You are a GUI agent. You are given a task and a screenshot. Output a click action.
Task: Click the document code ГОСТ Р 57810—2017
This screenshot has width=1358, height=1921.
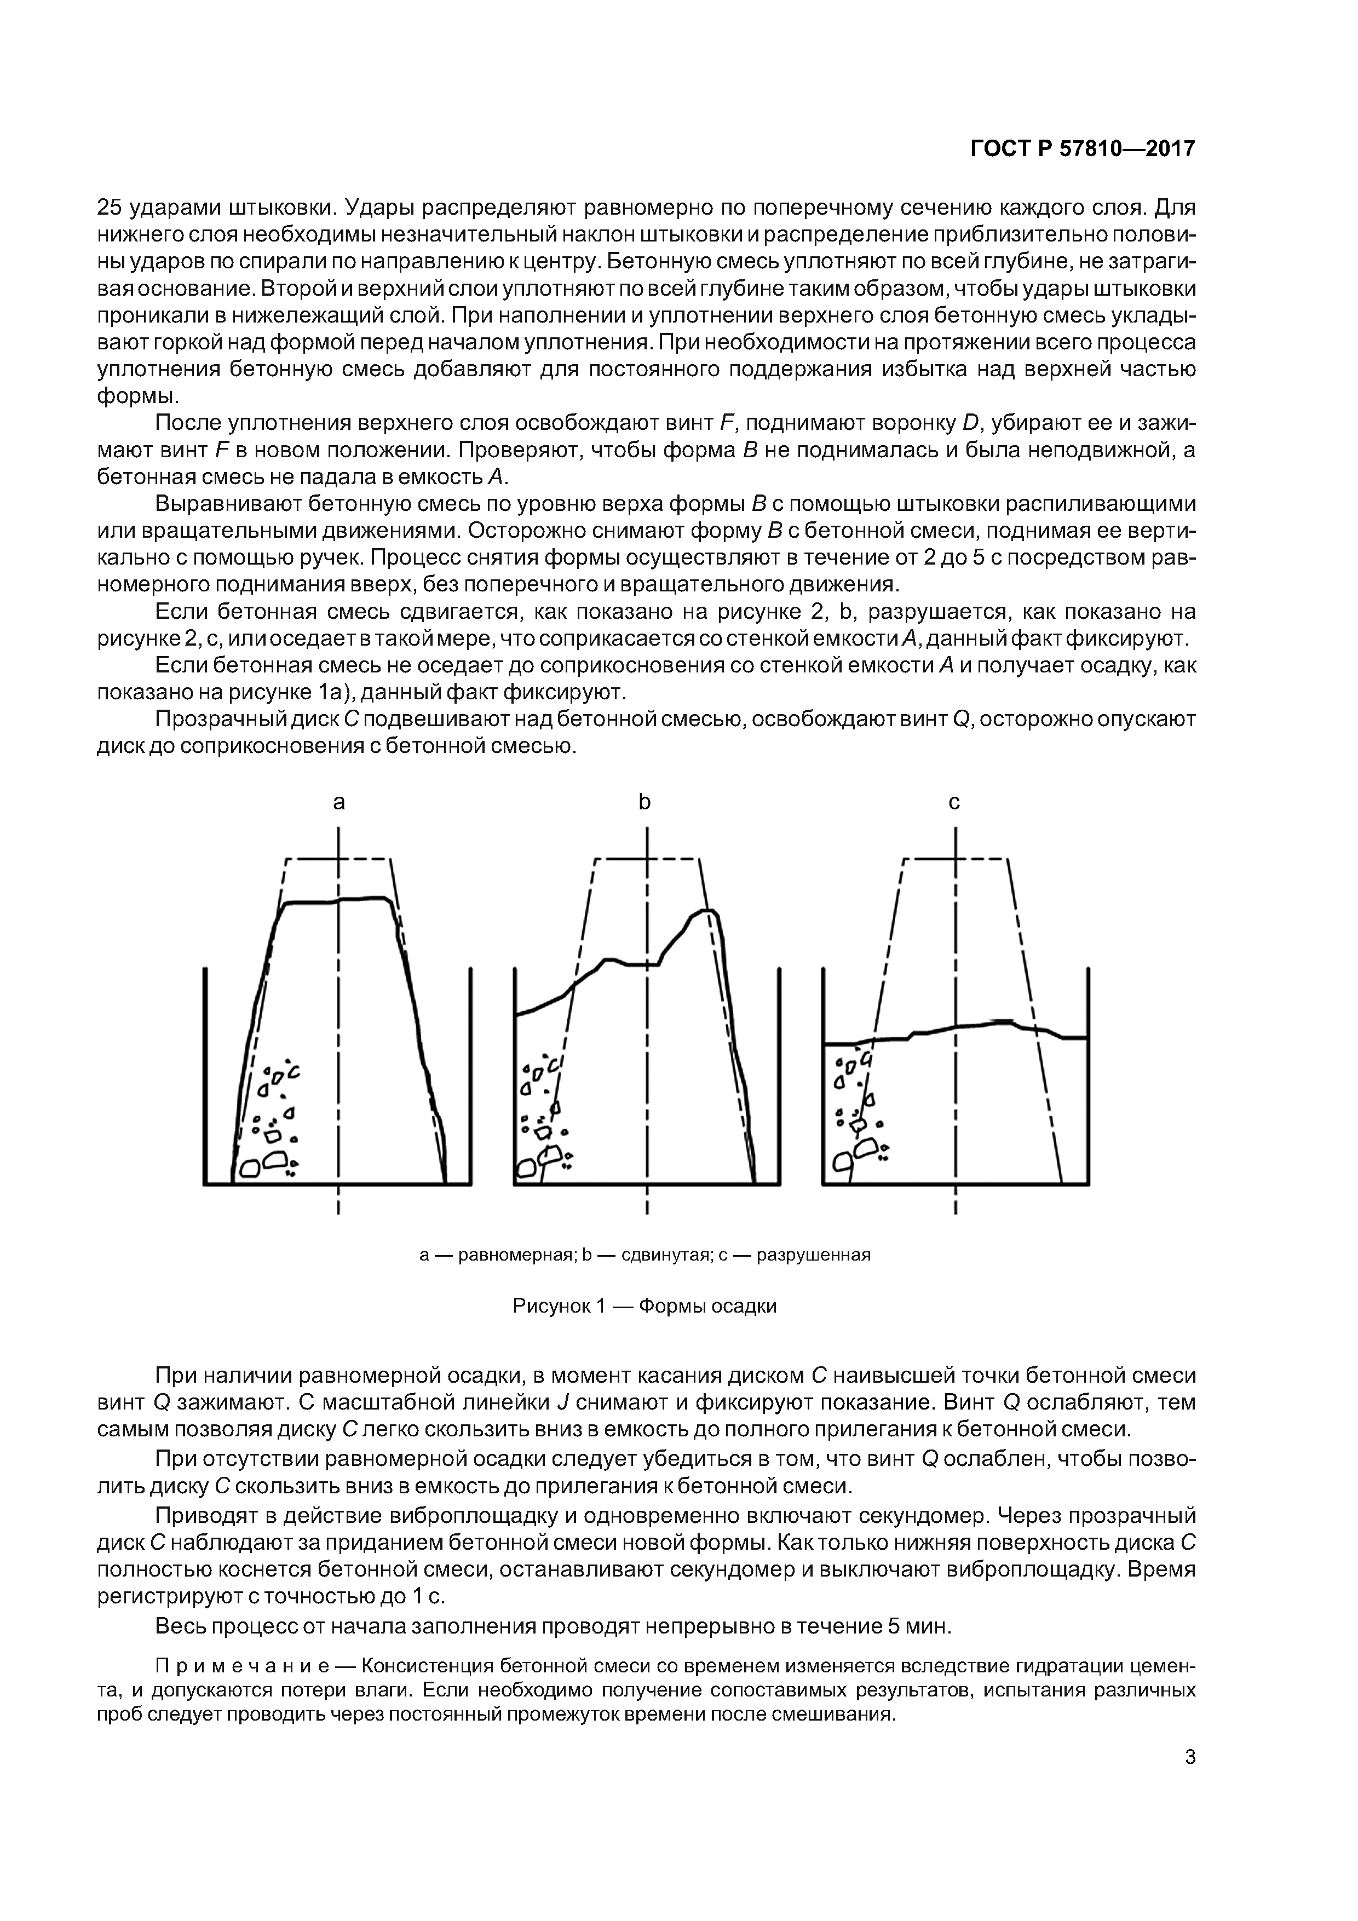(1082, 149)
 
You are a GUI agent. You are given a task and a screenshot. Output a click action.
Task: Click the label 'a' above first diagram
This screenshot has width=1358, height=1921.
(339, 802)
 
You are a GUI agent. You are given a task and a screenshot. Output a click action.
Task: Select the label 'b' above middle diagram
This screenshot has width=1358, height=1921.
(645, 802)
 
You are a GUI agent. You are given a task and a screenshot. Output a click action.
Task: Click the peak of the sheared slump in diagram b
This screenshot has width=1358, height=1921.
(707, 910)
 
